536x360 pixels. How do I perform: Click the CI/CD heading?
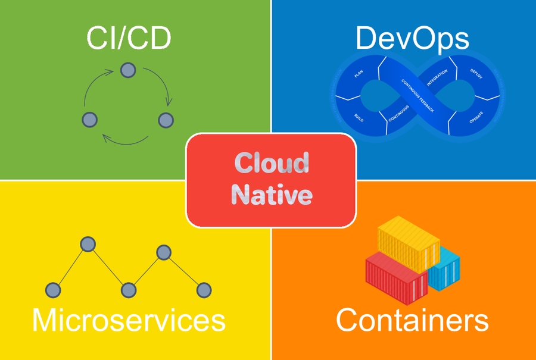pos(129,39)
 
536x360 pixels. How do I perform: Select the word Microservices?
pos(129,320)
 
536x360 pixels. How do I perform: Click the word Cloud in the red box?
pos(272,163)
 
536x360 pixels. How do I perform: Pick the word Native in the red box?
pos(272,195)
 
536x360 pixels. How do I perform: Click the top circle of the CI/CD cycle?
pos(127,70)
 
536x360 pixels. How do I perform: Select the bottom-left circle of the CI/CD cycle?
pos(89,119)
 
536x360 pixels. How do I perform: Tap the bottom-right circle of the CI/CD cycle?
pos(165,119)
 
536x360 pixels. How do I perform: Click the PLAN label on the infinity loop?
pos(359,74)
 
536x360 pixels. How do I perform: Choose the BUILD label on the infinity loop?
pos(359,118)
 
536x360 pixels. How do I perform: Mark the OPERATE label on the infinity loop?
pos(476,117)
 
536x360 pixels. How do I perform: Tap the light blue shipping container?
pos(444,271)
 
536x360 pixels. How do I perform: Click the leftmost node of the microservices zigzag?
pos(54,290)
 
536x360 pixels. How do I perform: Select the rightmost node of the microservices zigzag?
pos(204,290)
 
